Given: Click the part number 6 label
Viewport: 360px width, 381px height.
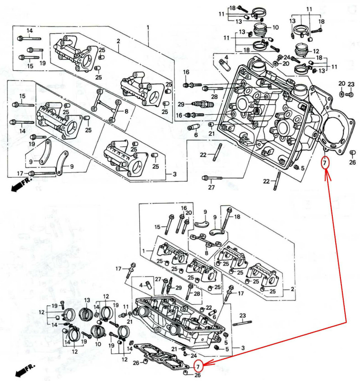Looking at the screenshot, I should coord(195,135).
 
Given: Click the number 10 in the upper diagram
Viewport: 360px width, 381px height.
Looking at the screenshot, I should coord(275,28).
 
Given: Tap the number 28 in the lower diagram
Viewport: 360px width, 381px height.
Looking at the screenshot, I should coord(196,294).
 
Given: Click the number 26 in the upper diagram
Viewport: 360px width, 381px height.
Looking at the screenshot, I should coord(352,162).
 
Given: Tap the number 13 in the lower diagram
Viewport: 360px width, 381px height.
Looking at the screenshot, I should coord(87,300).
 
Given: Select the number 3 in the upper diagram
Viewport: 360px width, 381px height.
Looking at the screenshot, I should coord(175,174).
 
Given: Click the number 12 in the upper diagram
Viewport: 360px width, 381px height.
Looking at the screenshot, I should coord(316,50).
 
